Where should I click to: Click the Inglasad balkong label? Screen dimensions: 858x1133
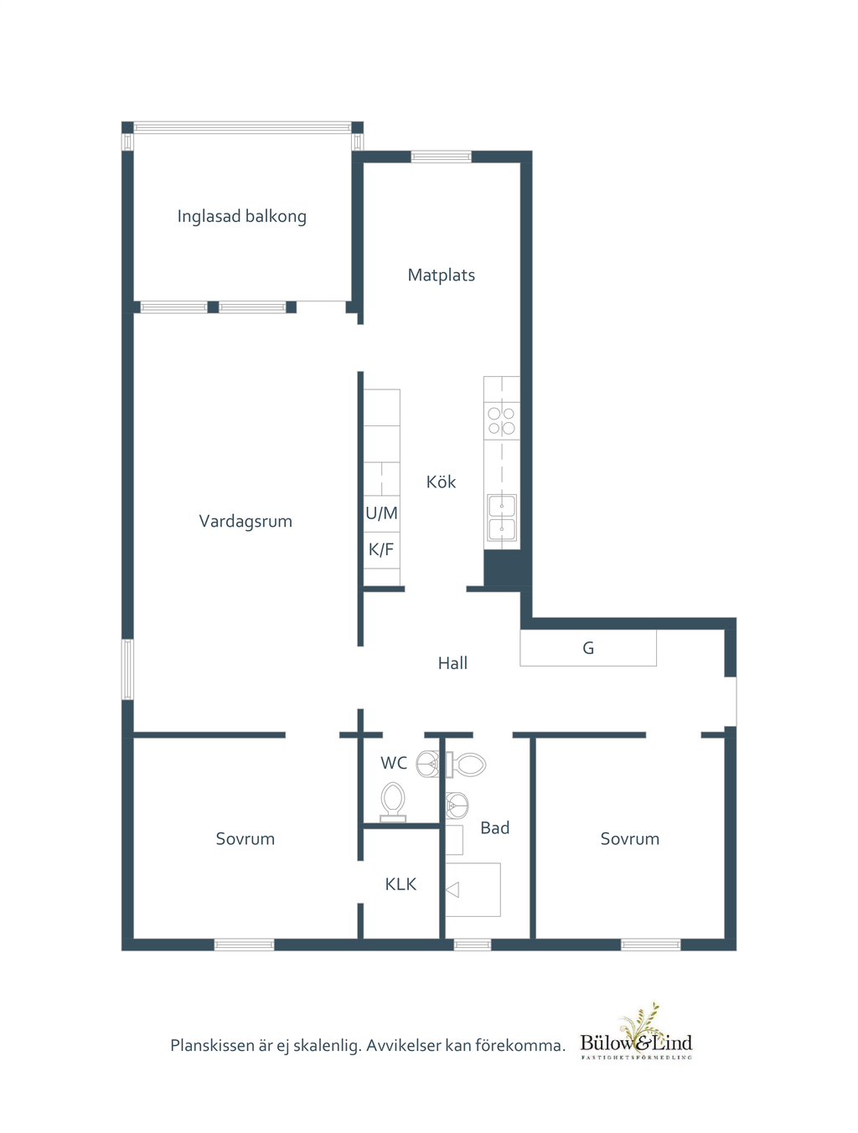coord(241,217)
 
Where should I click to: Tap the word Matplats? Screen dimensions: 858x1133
coord(441,276)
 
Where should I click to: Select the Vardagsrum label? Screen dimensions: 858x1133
coord(246,522)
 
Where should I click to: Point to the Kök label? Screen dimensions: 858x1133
coord(441,482)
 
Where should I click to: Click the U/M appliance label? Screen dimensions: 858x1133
coord(381,513)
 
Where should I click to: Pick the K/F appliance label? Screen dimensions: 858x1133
coord(381,549)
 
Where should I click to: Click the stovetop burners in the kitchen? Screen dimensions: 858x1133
coord(501,420)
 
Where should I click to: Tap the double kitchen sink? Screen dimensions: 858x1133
coord(501,518)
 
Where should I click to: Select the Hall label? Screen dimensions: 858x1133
coord(452,663)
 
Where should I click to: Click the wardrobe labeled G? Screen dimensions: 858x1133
coord(588,648)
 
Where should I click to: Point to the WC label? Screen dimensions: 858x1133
coord(393,763)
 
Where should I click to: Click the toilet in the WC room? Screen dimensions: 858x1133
coord(393,801)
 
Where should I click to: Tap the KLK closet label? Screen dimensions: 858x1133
coord(401,884)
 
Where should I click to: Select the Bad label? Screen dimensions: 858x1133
coord(494,828)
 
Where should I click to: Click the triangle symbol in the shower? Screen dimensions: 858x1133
coord(452,890)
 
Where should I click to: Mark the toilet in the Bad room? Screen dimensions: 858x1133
coord(466,765)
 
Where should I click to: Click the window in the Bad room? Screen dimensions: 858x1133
coord(473,945)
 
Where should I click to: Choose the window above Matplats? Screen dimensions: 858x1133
coord(441,157)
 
